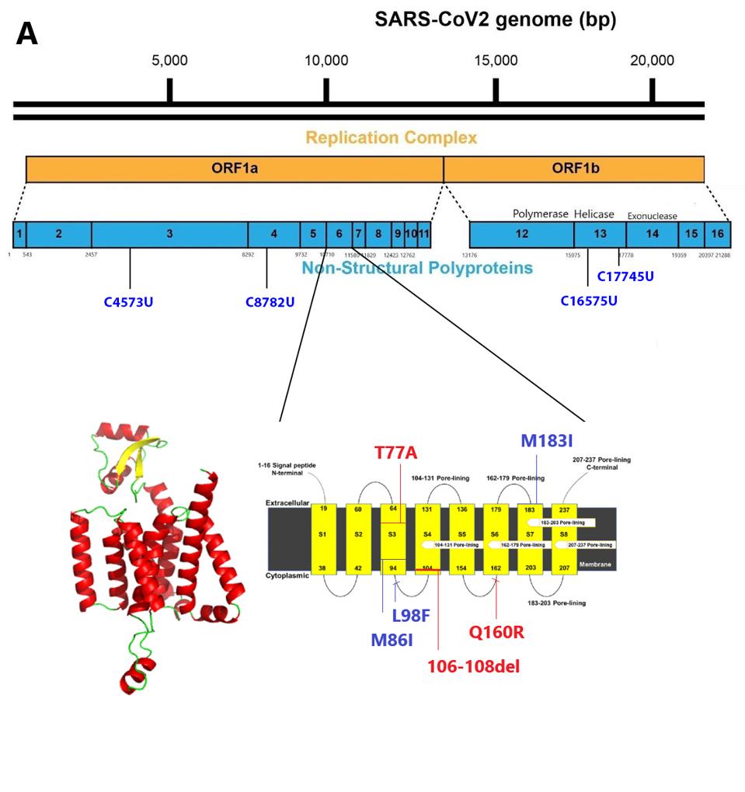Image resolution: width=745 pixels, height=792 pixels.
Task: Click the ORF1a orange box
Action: [235, 169]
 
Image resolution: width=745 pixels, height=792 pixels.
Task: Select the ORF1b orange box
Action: [573, 169]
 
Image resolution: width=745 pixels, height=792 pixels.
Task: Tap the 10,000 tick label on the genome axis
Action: [326, 61]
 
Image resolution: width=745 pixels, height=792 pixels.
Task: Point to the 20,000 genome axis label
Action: [652, 61]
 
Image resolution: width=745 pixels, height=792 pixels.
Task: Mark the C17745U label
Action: [625, 276]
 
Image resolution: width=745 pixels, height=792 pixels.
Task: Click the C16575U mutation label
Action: [589, 300]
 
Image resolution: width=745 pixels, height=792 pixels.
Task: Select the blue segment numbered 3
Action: [169, 234]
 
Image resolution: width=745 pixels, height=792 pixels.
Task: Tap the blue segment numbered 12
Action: [521, 234]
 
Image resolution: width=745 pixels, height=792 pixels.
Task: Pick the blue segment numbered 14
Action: [652, 234]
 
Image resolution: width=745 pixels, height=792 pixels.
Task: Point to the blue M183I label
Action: [547, 441]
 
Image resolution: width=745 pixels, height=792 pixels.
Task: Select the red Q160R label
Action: [496, 632]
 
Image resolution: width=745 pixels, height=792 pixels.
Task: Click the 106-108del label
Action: [474, 666]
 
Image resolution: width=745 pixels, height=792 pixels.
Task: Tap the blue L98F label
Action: [410, 616]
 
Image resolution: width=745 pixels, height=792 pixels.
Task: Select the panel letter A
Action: [26, 34]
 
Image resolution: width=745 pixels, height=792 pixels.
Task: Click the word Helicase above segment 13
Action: [594, 214]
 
